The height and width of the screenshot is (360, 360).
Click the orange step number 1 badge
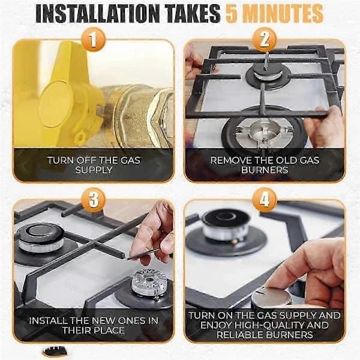click(x=93, y=40)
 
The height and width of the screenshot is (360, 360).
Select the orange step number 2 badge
click(x=265, y=40)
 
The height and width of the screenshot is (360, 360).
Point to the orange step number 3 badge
click(x=93, y=200)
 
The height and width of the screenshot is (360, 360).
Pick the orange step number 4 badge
click(x=265, y=200)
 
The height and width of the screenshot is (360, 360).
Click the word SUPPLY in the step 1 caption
click(x=94, y=170)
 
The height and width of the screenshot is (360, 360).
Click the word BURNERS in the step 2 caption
click(x=265, y=170)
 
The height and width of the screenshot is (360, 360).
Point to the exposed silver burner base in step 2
click(x=265, y=133)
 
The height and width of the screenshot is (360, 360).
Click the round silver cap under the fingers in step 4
click(x=271, y=298)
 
